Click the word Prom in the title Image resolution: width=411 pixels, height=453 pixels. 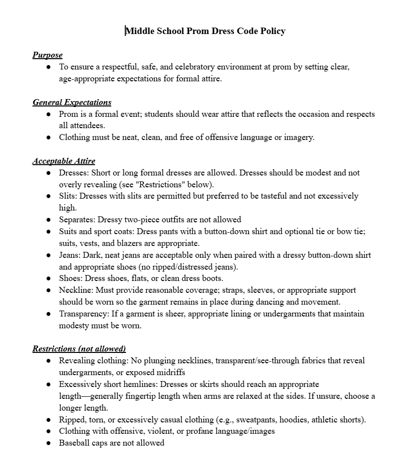pos(198,31)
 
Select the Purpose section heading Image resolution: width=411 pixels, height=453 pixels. pos(47,55)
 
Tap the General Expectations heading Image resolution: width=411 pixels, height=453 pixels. pos(72,102)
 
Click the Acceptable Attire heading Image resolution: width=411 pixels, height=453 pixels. pos(64,161)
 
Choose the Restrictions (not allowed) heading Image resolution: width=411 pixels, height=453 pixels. pos(79,348)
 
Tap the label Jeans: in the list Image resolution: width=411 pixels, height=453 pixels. pos(70,255)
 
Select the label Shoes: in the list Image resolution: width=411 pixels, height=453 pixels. pos(70,279)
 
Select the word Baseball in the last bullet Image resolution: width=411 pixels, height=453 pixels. pos(75,443)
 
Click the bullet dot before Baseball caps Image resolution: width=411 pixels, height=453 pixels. pos(48,443)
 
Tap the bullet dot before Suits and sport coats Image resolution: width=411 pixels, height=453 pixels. pos(48,231)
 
